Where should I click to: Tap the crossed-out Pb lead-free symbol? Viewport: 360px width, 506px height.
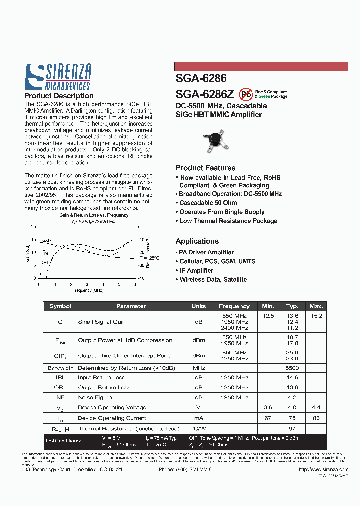[245, 94]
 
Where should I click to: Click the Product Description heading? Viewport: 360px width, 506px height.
[59, 96]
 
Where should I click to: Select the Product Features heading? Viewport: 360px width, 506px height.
[205, 168]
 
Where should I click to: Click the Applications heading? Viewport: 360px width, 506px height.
[197, 241]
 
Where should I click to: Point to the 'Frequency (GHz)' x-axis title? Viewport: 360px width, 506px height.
[88, 290]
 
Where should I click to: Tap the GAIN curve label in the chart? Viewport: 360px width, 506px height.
[47, 240]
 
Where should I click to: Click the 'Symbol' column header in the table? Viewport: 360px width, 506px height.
[60, 306]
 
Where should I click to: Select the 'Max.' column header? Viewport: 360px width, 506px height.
[316, 306]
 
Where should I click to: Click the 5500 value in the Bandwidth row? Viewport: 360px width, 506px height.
[292, 368]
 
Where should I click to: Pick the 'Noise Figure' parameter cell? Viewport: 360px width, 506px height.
[95, 397]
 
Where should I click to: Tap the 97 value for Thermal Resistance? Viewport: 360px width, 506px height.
[292, 428]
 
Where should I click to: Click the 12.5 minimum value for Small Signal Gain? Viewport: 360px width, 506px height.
[268, 316]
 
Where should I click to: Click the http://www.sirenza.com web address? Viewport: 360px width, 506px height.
[323, 469]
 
